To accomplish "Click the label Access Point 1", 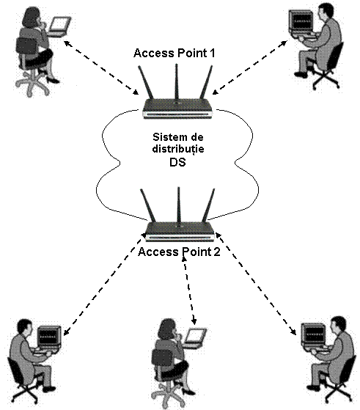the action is tap(175, 53).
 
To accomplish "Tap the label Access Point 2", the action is tap(179, 252).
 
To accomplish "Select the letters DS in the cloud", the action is tap(177, 162).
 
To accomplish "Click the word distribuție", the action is tap(178, 149).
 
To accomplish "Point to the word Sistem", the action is tap(166, 137).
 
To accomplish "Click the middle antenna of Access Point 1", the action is tap(177, 82).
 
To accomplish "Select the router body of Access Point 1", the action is tap(177, 109).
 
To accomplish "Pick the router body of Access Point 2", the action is tap(180, 232).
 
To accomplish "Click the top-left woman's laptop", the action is tap(60, 26).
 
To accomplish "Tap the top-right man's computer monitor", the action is tap(301, 21).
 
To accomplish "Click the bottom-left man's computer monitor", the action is tap(49, 337).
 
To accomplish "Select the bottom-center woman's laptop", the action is tap(195, 337).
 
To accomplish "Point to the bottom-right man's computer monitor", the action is tap(313, 335).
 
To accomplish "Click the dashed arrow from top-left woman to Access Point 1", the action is tap(101, 67).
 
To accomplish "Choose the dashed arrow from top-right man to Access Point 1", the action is tap(250, 67).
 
